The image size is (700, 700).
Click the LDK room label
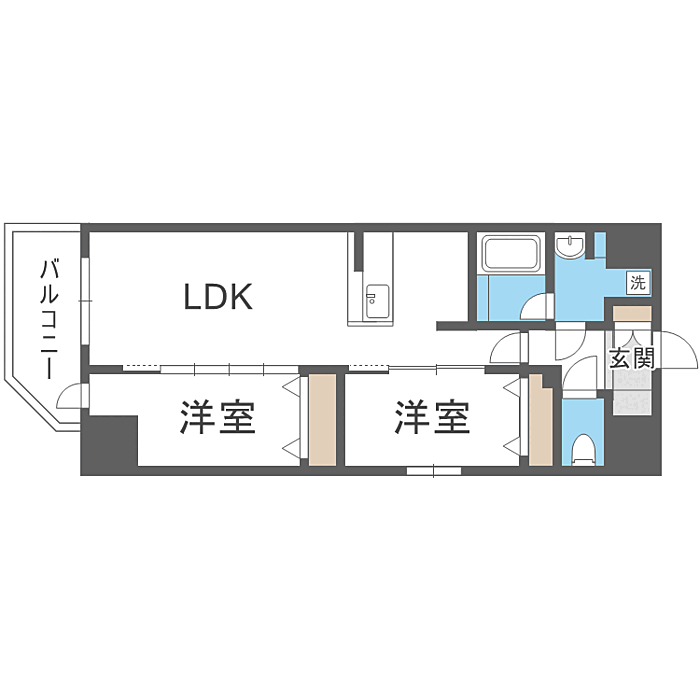click(x=218, y=297)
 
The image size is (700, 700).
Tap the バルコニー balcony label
click(x=49, y=319)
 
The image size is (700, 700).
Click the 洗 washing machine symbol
click(x=638, y=282)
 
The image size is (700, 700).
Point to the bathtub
click(x=511, y=253)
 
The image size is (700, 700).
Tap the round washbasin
click(x=571, y=247)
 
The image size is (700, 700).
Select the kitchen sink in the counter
click(x=376, y=301)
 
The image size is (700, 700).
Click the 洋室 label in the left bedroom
click(x=217, y=417)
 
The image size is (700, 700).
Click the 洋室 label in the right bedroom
click(x=432, y=417)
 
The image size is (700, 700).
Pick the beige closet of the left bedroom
click(x=322, y=420)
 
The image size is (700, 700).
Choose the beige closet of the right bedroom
click(x=540, y=420)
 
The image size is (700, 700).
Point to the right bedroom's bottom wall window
click(x=433, y=471)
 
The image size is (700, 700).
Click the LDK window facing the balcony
click(x=85, y=301)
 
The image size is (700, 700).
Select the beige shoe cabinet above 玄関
click(x=632, y=313)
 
